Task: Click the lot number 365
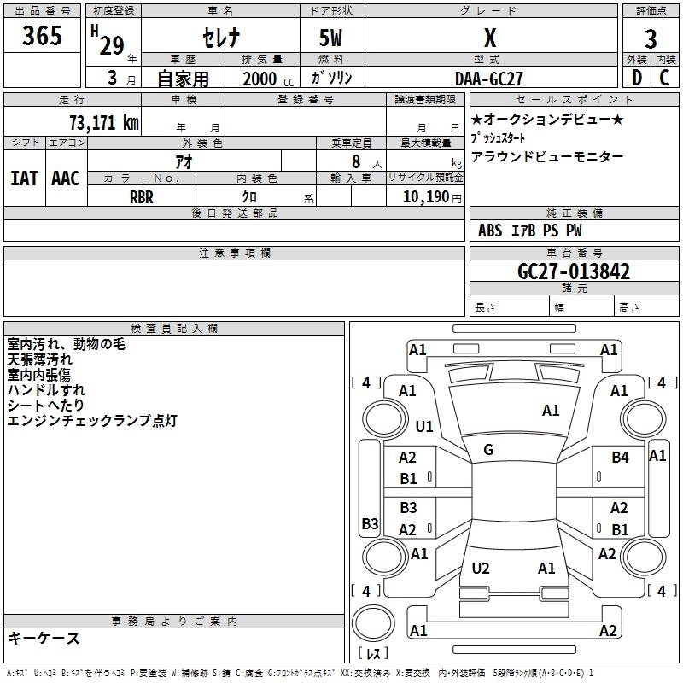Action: pyautogui.click(x=43, y=37)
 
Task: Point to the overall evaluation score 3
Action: pyautogui.click(x=651, y=39)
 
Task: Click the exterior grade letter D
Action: pyautogui.click(x=636, y=78)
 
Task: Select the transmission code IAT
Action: pyautogui.click(x=24, y=178)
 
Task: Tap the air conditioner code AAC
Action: pyautogui.click(x=65, y=178)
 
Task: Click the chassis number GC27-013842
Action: pyautogui.click(x=574, y=271)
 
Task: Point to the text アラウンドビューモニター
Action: pyautogui.click(x=547, y=156)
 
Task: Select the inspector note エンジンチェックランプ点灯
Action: pyautogui.click(x=91, y=421)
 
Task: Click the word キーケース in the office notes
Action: pyautogui.click(x=44, y=638)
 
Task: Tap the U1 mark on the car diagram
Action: pyautogui.click(x=424, y=426)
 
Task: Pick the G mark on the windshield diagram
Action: pyautogui.click(x=488, y=450)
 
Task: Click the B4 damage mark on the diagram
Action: pyautogui.click(x=620, y=458)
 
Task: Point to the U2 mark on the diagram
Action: pyautogui.click(x=481, y=568)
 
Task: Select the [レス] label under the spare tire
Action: pyautogui.click(x=373, y=655)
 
